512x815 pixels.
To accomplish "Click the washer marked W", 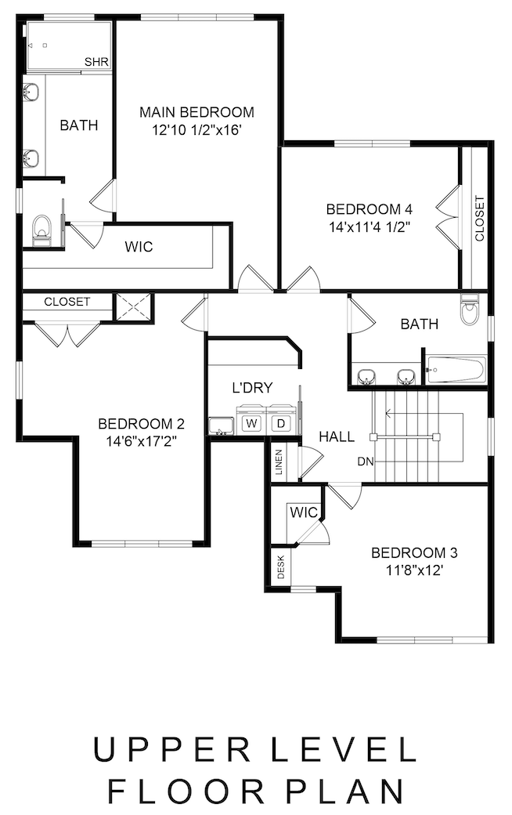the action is click(x=251, y=423).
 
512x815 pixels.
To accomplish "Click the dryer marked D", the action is click(x=281, y=423).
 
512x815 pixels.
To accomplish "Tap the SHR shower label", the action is click(x=96, y=63).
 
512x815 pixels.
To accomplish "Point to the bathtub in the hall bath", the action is click(x=456, y=369).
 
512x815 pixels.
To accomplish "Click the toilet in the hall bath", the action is click(x=470, y=310).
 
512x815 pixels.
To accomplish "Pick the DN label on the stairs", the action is click(x=366, y=461).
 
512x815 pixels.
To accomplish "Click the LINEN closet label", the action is click(x=279, y=462).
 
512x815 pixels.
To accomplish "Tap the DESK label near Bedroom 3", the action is click(x=281, y=567).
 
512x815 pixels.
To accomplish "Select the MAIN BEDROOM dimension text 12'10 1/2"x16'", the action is click(x=197, y=130).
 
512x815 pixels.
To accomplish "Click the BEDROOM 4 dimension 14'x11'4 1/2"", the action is click(x=370, y=227).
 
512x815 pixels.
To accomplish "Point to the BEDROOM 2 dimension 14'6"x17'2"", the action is click(x=141, y=442).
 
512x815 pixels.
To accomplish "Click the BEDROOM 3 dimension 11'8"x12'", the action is click(x=414, y=570).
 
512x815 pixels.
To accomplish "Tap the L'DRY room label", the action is click(x=252, y=388).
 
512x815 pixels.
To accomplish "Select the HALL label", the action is click(x=337, y=436).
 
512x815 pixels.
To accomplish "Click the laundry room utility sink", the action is click(x=222, y=426).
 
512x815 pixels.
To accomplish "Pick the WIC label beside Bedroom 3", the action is click(x=304, y=513).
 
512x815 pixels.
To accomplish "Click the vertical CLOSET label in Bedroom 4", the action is click(x=479, y=219).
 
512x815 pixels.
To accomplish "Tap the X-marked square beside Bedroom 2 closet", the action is click(x=133, y=307).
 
